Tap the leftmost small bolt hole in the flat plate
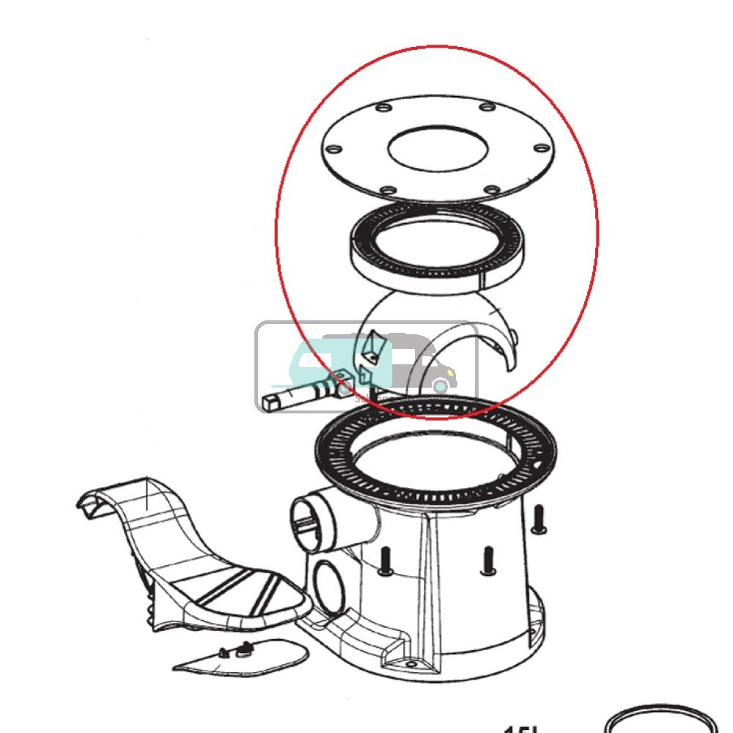[334, 150]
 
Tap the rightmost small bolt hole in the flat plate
[541, 149]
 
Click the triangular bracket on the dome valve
[374, 348]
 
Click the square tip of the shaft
[270, 402]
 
